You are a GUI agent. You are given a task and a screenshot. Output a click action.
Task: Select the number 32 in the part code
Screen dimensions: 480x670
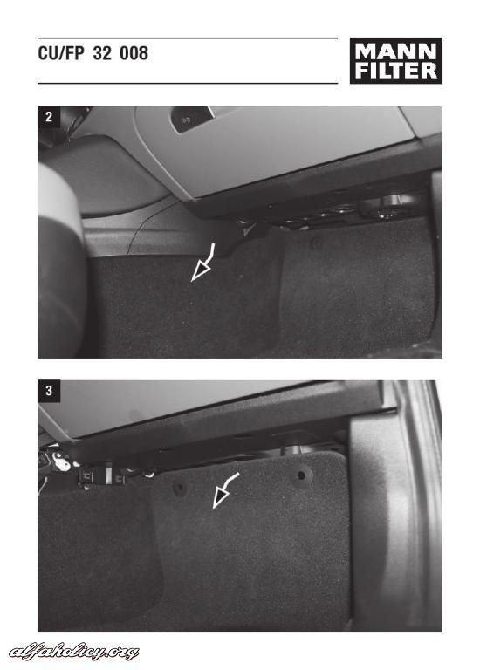(102, 53)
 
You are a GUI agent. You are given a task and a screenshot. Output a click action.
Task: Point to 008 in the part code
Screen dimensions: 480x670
(134, 53)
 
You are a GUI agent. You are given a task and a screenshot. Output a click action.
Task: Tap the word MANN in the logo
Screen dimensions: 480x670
(396, 51)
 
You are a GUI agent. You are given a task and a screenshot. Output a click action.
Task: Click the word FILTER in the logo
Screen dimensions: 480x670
(396, 71)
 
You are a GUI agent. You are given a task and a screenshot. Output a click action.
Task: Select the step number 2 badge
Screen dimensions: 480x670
(49, 117)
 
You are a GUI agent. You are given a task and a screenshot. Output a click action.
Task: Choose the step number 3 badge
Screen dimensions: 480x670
(49, 391)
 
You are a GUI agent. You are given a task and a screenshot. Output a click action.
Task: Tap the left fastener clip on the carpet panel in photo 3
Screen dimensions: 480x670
(180, 487)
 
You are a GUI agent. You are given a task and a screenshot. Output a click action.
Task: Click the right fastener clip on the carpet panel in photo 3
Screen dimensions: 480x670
(301, 475)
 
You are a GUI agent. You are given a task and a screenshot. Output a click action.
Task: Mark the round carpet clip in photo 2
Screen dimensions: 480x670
(317, 243)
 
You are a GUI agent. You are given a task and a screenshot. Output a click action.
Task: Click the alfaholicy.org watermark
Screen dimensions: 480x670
(73, 652)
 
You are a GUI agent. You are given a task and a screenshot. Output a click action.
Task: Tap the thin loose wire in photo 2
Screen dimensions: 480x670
(152, 228)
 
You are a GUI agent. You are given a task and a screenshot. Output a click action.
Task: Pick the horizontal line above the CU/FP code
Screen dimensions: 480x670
(188, 38)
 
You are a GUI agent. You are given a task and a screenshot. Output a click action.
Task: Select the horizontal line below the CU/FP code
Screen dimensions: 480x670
(188, 84)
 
